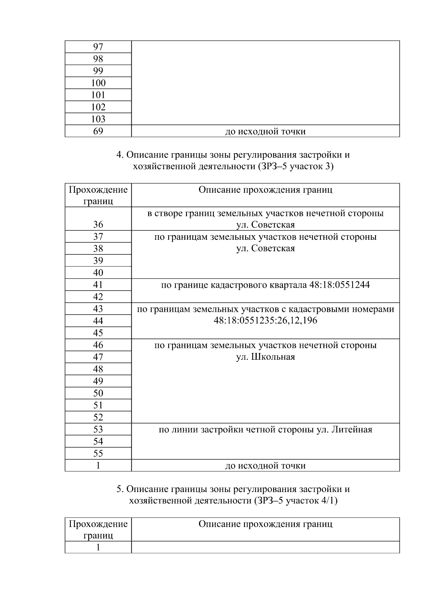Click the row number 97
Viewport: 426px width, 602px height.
point(98,47)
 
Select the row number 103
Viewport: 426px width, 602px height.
point(98,119)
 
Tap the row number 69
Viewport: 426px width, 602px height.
point(98,131)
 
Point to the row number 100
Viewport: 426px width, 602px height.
point(98,83)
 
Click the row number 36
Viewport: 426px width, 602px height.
point(98,225)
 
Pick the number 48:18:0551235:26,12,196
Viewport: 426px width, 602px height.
point(265,321)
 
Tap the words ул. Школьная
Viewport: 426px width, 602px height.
point(265,357)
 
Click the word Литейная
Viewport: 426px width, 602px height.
point(352,430)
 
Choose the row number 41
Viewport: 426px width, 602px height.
point(98,285)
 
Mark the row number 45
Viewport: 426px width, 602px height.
point(98,333)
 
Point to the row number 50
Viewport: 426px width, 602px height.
point(98,393)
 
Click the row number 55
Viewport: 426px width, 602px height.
point(98,454)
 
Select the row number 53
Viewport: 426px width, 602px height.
point(98,430)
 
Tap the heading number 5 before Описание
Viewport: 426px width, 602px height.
point(120,490)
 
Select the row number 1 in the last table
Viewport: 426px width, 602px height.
point(98,547)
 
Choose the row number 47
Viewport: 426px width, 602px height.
point(98,357)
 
